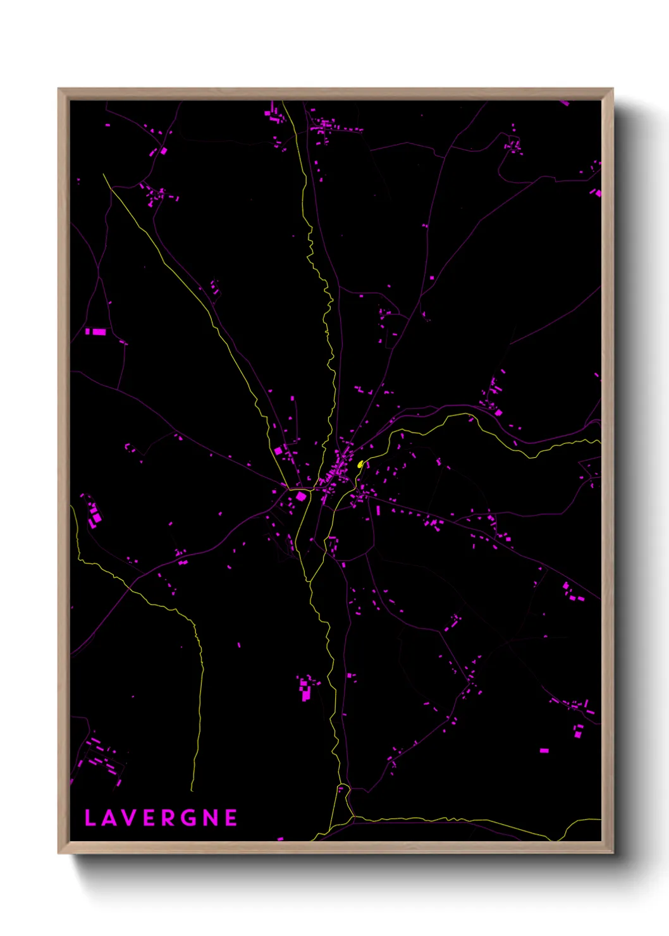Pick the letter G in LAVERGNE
pos(190,818)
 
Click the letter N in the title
pos(211,818)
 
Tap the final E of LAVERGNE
pos(231,818)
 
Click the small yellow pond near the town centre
pos(360,464)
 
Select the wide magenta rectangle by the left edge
pos(99,331)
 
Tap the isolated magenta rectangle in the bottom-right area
pos(544,751)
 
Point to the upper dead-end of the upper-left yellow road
pos(104,175)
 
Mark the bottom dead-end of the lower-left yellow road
pos(192,790)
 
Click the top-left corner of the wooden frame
pos(59,89)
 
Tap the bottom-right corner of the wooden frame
pos(612,853)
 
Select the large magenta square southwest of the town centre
pos(301,496)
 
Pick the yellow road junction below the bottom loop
pos(353,816)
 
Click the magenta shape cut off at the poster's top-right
pos(564,102)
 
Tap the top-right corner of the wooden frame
pos(612,89)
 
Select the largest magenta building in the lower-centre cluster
pos(305,695)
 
